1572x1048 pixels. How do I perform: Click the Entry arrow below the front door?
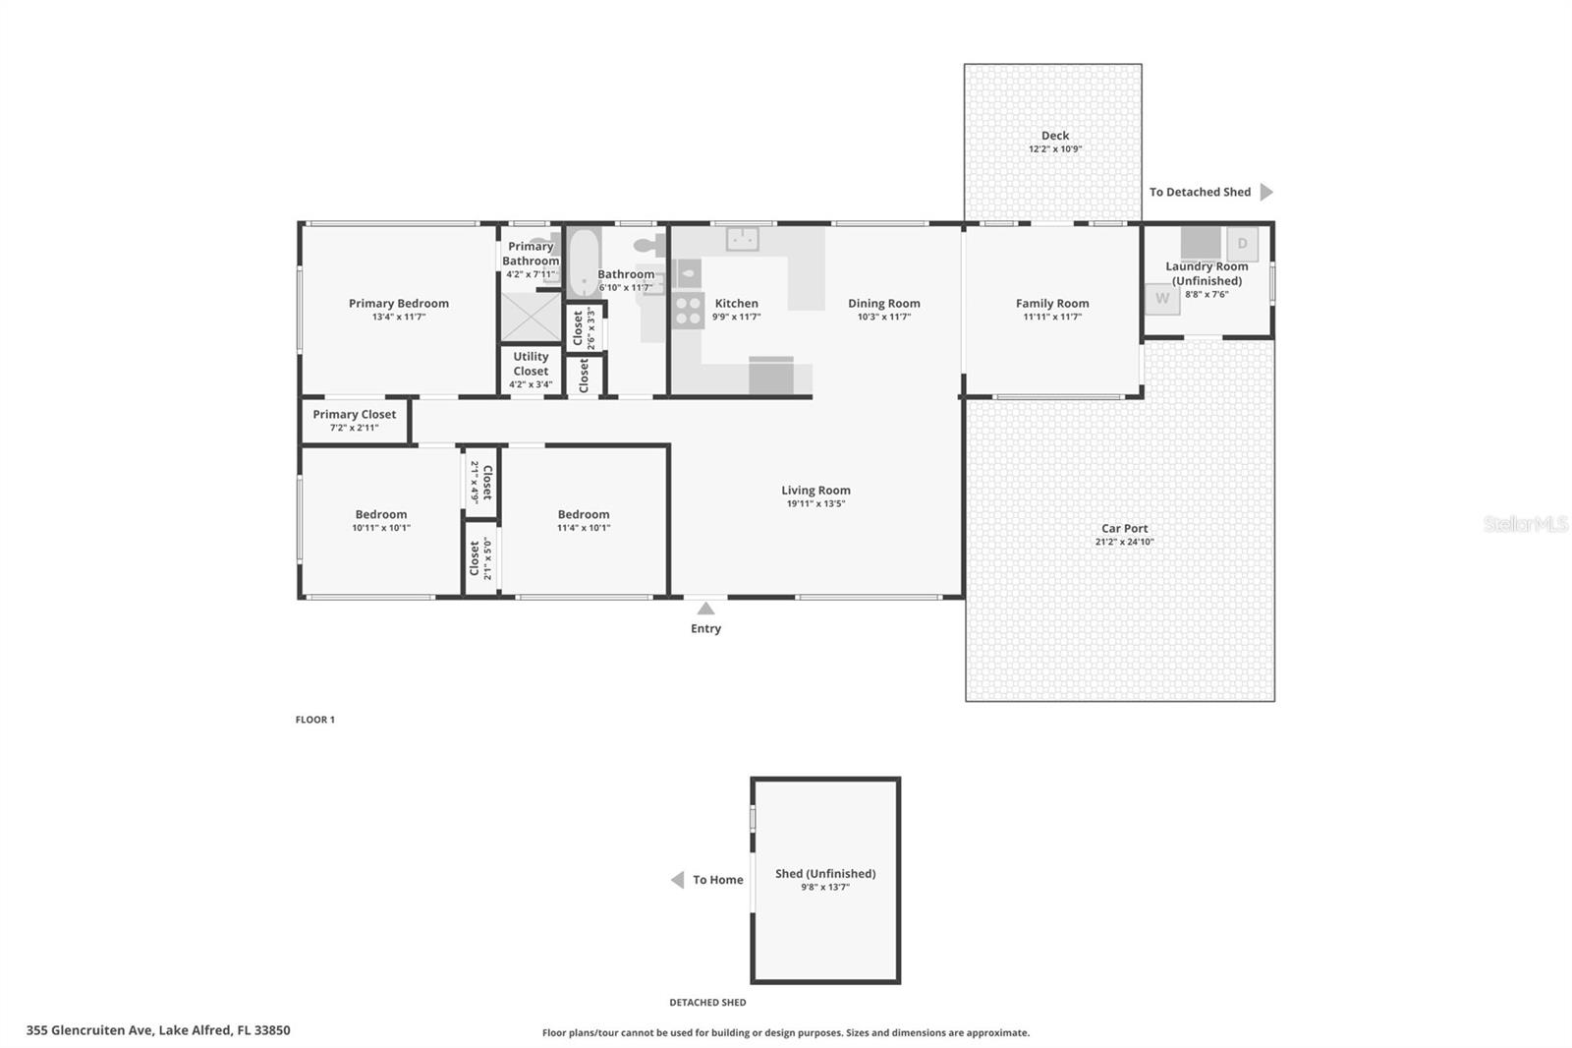coord(705,609)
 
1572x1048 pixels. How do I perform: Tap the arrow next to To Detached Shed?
coord(1266,192)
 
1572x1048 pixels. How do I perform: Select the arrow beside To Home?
coord(678,880)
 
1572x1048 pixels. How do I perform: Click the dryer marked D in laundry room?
coord(1242,244)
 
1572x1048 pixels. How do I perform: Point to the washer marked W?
coord(1162,298)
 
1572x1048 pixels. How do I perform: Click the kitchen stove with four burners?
coord(688,311)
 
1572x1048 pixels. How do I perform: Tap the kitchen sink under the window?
coord(742,238)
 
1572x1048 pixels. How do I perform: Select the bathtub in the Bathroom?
coord(584,262)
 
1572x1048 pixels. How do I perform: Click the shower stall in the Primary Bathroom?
coord(530,316)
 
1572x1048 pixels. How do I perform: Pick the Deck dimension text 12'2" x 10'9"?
coord(1054,149)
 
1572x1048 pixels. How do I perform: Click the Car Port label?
coord(1124,528)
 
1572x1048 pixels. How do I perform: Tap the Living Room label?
coord(815,490)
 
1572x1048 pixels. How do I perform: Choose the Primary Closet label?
coord(354,414)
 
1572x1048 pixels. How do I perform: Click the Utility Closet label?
coord(531,364)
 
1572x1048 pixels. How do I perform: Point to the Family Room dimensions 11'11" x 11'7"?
coord(1051,317)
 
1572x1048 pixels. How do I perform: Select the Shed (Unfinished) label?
coord(824,873)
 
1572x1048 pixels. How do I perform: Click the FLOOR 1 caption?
coord(314,720)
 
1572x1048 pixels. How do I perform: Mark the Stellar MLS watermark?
coord(1525,524)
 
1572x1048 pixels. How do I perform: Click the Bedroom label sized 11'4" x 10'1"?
coord(584,514)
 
